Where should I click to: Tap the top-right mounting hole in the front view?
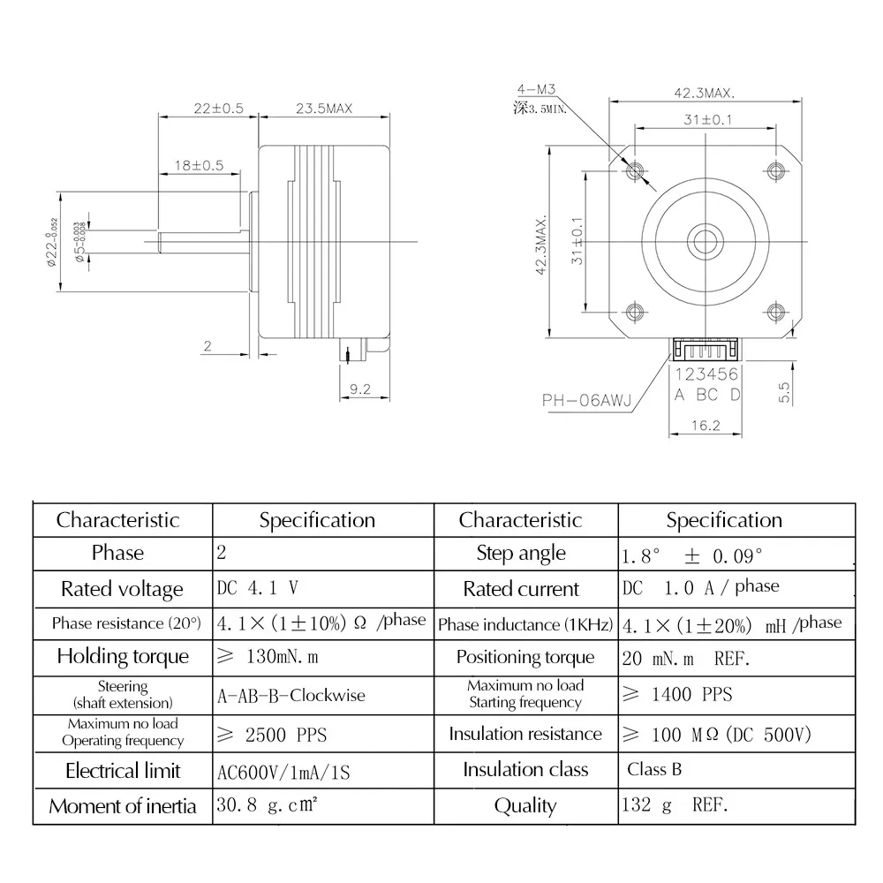click(x=775, y=170)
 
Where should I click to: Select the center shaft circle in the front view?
click(x=705, y=239)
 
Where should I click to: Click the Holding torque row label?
click(x=123, y=656)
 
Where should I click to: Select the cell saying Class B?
click(x=654, y=769)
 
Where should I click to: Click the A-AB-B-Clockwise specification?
click(x=291, y=695)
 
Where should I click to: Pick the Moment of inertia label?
click(x=123, y=806)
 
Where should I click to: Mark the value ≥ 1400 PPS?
click(x=677, y=695)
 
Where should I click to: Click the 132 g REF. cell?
click(x=675, y=804)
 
